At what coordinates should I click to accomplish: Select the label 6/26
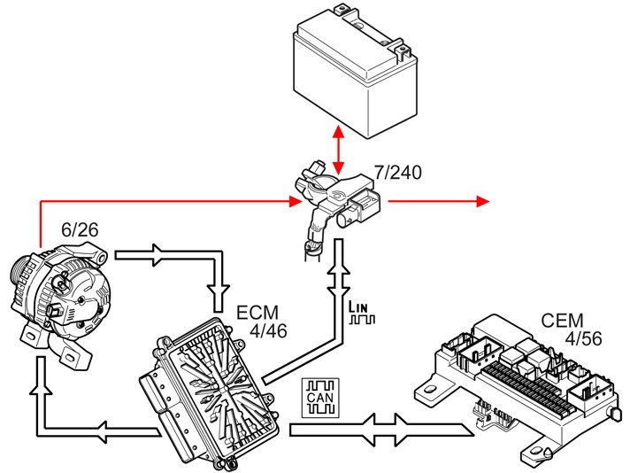coord(79,229)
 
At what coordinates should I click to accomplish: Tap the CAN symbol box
coord(319,398)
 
